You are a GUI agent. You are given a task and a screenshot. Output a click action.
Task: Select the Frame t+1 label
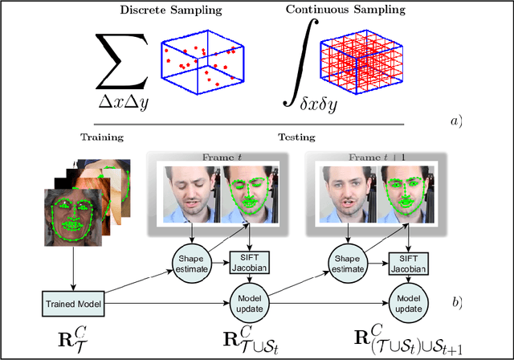tap(368, 157)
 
